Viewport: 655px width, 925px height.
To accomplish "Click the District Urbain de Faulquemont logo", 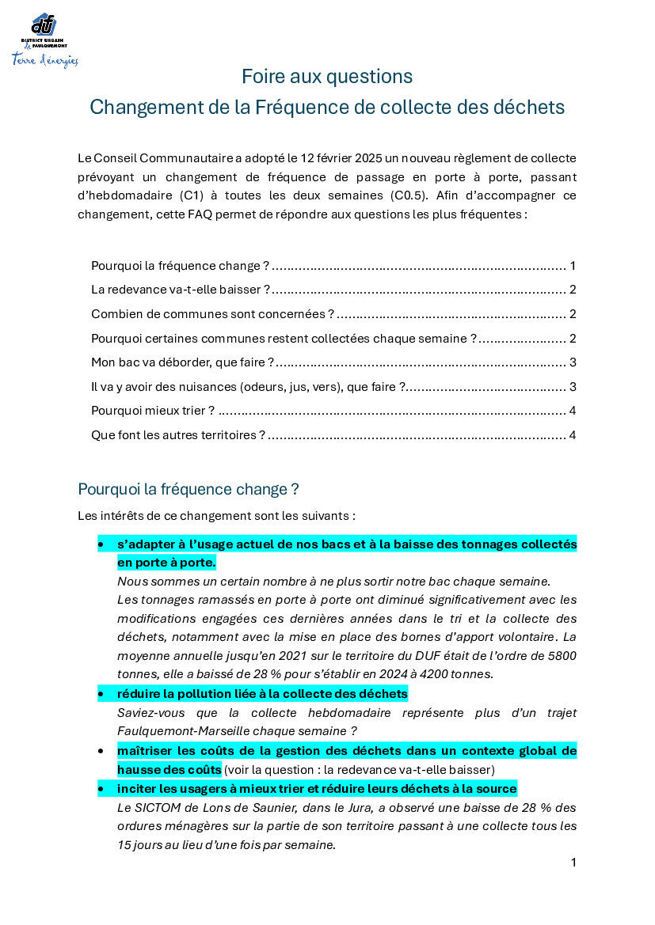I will (44, 40).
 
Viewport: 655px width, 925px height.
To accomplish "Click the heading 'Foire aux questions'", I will (327, 77).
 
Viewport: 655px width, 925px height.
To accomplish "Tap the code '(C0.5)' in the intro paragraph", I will (410, 195).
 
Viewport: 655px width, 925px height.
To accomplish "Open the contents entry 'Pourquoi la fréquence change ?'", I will (180, 266).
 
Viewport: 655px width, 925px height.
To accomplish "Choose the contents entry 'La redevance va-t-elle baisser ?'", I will (181, 290).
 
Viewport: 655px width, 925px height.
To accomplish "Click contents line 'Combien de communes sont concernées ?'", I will (212, 314).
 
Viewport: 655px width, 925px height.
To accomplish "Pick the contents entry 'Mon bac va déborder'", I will (182, 362).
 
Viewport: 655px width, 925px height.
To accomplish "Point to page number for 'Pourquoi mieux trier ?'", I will (572, 411).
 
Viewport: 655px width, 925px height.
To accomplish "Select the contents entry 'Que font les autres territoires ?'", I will (178, 435).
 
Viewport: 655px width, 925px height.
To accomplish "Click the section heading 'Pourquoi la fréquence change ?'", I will (189, 489).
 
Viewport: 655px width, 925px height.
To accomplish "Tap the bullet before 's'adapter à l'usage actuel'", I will (101, 544).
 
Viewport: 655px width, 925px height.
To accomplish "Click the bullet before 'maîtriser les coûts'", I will (101, 750).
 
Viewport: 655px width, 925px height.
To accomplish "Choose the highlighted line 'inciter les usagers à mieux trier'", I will (317, 789).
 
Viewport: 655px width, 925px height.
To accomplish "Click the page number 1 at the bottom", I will (573, 862).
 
